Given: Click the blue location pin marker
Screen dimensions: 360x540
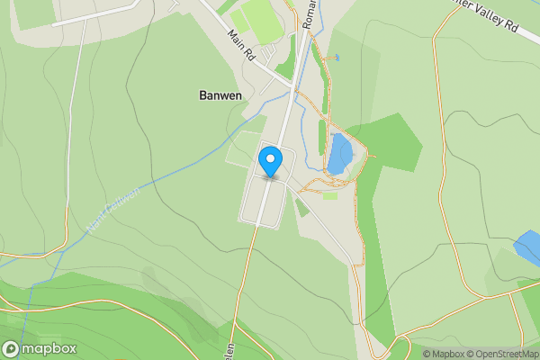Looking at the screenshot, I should tap(269, 163).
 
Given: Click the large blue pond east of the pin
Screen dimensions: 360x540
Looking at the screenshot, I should tap(340, 153).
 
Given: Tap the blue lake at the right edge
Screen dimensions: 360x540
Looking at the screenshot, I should tap(528, 247).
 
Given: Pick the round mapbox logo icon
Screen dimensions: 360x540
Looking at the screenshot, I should tap(12, 348).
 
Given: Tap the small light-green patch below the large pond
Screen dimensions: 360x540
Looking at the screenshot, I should tap(330, 195).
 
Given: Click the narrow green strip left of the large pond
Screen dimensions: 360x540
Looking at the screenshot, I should tap(322, 137).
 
